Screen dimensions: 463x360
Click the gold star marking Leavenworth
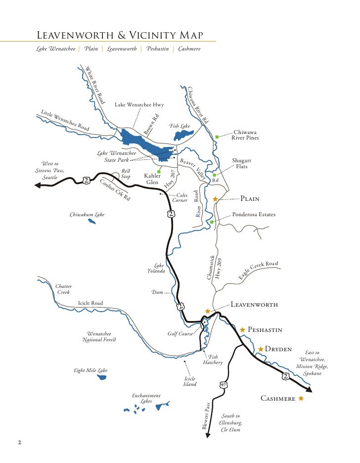click(x=208, y=311)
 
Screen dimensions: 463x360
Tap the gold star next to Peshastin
click(x=242, y=329)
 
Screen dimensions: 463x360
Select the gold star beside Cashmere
click(x=301, y=398)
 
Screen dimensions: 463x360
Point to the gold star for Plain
click(x=215, y=199)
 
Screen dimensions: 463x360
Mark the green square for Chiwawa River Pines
click(x=217, y=136)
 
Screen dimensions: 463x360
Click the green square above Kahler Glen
click(x=152, y=171)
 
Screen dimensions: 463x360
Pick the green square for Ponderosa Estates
click(x=211, y=222)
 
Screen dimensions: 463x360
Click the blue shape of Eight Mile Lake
click(x=102, y=377)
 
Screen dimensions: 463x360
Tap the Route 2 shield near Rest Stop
click(x=86, y=180)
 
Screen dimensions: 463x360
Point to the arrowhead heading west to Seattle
click(x=38, y=185)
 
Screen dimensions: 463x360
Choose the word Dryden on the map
click(x=277, y=349)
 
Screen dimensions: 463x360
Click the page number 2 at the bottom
click(x=20, y=442)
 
